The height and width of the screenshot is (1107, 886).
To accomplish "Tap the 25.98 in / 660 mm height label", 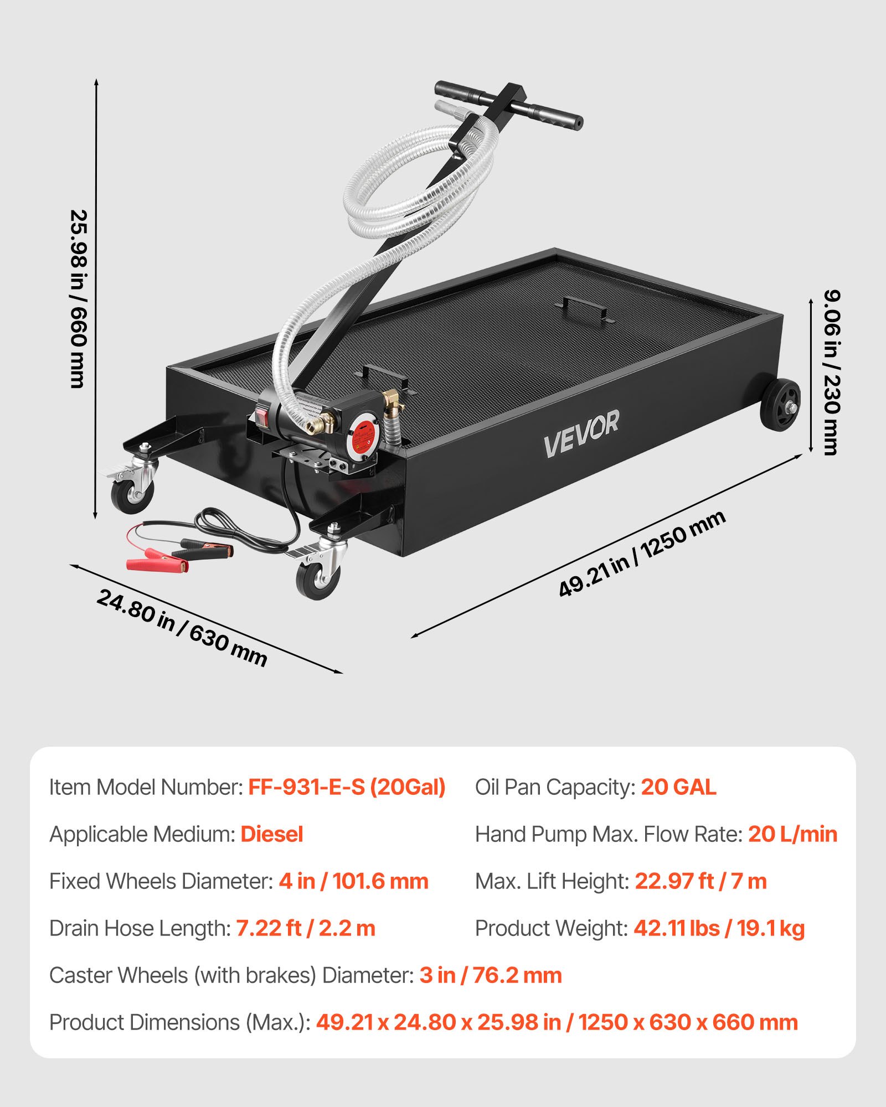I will [78, 299].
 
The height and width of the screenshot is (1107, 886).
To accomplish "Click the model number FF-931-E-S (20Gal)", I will [347, 787].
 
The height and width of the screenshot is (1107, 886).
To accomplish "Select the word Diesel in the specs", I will [272, 834].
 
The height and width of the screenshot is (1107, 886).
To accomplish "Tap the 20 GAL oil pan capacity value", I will [678, 787].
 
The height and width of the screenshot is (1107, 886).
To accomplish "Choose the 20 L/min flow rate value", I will [792, 834].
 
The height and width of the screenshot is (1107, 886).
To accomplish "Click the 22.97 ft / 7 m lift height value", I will [700, 881].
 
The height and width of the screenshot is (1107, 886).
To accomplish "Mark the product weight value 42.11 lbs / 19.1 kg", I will [719, 928].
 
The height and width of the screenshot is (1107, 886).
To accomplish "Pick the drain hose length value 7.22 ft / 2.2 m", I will [306, 928].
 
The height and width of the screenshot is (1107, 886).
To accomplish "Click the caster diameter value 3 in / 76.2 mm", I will [491, 975].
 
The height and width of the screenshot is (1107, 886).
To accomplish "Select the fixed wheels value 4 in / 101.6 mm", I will [353, 881].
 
